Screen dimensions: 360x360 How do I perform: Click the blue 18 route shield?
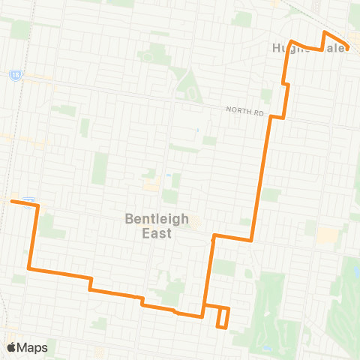15,75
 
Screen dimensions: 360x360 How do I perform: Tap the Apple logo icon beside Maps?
11,347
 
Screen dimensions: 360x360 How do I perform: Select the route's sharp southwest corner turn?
28,268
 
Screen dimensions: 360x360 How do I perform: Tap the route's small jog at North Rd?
278,117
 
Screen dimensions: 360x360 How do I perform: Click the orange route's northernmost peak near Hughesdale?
325,33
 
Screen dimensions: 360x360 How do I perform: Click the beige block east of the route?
327,235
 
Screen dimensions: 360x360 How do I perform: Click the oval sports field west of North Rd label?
193,95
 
